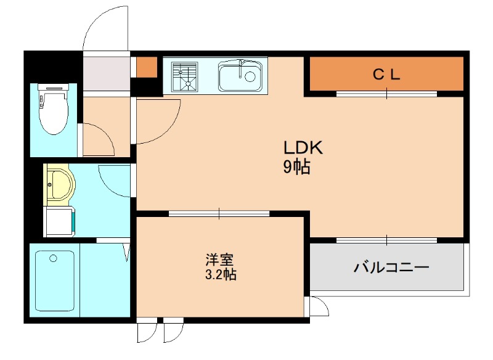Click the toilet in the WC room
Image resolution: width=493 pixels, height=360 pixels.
(x=53, y=108)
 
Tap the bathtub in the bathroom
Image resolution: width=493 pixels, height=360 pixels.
(x=55, y=280)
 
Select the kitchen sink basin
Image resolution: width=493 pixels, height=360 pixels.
(x=240, y=76)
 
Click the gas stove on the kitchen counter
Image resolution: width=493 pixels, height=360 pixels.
(x=184, y=76)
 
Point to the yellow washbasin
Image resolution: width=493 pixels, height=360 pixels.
(x=60, y=184)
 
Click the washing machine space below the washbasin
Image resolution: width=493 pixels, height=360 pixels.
(x=60, y=221)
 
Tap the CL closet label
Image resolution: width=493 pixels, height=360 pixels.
(x=386, y=75)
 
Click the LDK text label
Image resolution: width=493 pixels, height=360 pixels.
(x=303, y=147)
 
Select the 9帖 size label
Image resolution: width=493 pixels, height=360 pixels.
(x=297, y=167)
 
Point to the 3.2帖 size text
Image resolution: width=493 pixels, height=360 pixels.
(x=221, y=275)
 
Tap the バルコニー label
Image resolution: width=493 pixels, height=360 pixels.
(x=391, y=268)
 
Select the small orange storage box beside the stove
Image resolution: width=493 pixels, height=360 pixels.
(x=147, y=67)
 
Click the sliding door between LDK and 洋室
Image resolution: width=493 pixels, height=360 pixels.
(x=219, y=213)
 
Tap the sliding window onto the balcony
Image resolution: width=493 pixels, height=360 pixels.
(x=387, y=240)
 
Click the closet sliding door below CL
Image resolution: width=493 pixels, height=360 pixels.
(x=387, y=94)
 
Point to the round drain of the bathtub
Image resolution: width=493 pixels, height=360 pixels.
(x=53, y=258)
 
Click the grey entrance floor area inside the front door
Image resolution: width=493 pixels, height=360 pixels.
(x=107, y=74)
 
